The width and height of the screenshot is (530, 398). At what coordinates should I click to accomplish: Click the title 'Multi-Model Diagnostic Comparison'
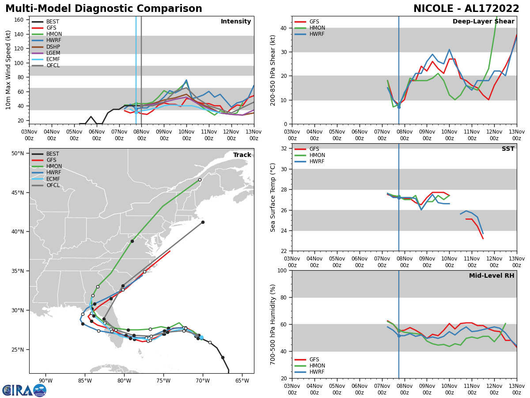[104, 9]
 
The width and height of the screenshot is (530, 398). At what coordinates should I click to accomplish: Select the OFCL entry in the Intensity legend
[53, 65]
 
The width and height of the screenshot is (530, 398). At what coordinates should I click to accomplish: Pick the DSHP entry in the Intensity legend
[53, 47]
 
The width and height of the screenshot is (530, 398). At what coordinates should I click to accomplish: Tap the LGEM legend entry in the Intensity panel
[53, 53]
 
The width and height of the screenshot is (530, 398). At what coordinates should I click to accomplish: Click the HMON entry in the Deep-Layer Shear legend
[316, 28]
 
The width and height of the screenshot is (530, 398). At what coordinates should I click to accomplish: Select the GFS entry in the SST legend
[314, 149]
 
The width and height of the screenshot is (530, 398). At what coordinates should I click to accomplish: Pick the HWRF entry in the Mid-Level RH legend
[317, 372]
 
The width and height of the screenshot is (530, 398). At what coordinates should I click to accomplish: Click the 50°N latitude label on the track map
[18, 153]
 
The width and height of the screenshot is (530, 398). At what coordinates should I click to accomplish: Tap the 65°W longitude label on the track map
[242, 381]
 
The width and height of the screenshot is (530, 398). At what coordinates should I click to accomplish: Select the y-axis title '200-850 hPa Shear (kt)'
[273, 70]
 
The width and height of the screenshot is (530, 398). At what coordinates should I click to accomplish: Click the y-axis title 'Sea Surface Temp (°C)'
[273, 197]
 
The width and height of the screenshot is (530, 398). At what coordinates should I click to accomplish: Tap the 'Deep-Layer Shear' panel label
[483, 22]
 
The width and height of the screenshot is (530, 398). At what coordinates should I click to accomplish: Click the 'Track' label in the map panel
[242, 155]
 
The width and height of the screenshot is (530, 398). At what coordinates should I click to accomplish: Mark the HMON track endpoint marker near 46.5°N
[200, 180]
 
